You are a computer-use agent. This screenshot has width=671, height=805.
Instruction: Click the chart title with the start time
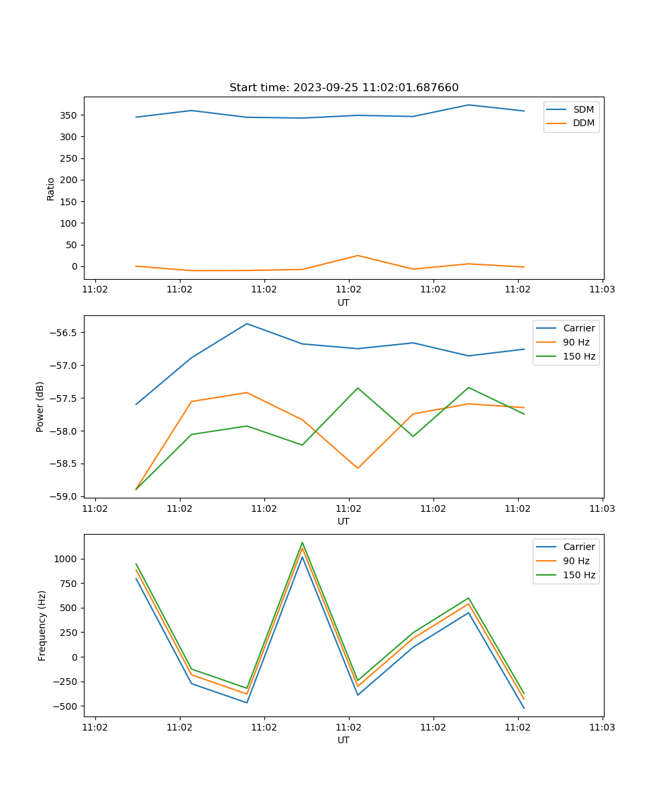(344, 88)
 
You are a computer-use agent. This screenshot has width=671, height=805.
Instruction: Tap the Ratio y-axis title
(51, 189)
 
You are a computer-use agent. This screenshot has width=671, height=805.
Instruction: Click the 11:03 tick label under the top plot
(602, 290)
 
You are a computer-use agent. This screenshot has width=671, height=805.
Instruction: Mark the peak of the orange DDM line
(358, 256)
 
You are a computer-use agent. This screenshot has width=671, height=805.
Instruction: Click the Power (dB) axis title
(40, 407)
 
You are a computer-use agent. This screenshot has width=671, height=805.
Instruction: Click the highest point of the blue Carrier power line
(247, 323)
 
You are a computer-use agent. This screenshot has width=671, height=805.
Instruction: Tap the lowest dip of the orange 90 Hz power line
(358, 468)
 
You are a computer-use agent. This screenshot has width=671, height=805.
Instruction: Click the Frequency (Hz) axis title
(42, 625)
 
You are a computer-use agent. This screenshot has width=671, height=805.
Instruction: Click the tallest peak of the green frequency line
(302, 542)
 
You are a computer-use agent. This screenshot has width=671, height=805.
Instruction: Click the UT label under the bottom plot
(344, 741)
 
